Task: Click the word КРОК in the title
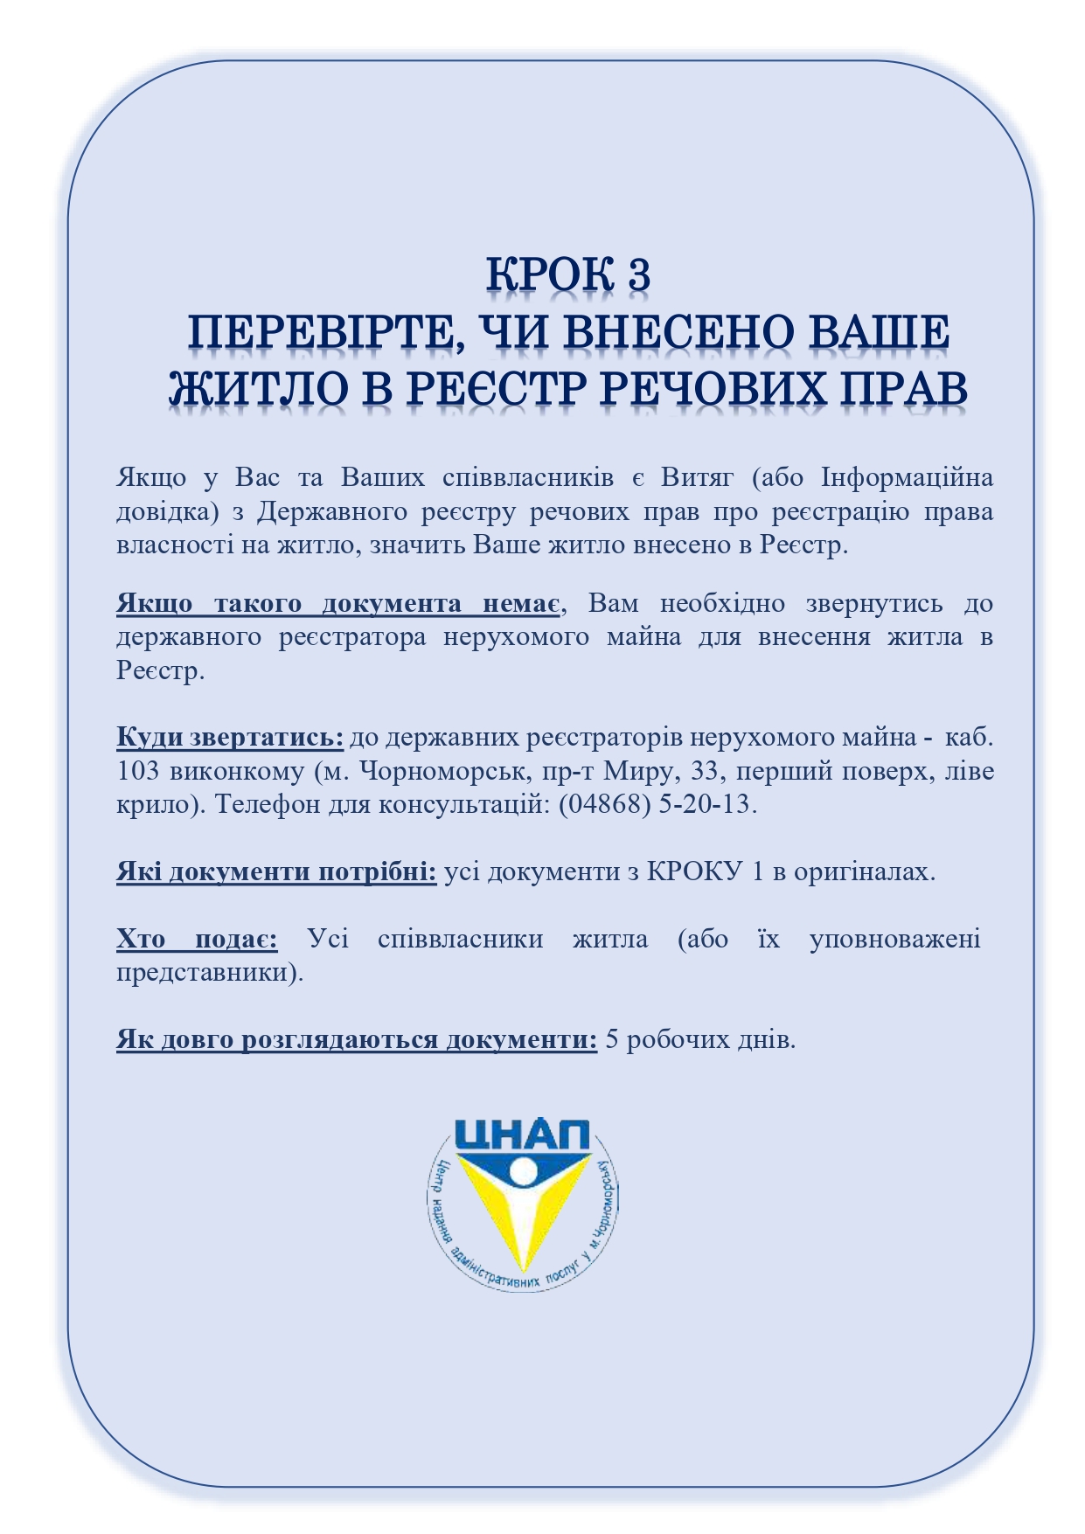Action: coord(549,274)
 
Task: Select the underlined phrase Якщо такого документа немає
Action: coord(338,604)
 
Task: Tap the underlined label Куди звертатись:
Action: coord(230,738)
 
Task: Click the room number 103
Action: coord(137,771)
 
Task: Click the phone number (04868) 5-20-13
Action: coord(655,804)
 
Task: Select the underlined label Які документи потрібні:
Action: coord(276,871)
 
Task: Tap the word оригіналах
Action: coord(864,871)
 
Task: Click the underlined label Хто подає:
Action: coord(197,940)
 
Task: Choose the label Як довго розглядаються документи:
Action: coord(357,1040)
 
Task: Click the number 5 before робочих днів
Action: coord(612,1040)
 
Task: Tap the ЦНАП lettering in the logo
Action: coord(522,1138)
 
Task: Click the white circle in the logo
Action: coord(523,1170)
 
